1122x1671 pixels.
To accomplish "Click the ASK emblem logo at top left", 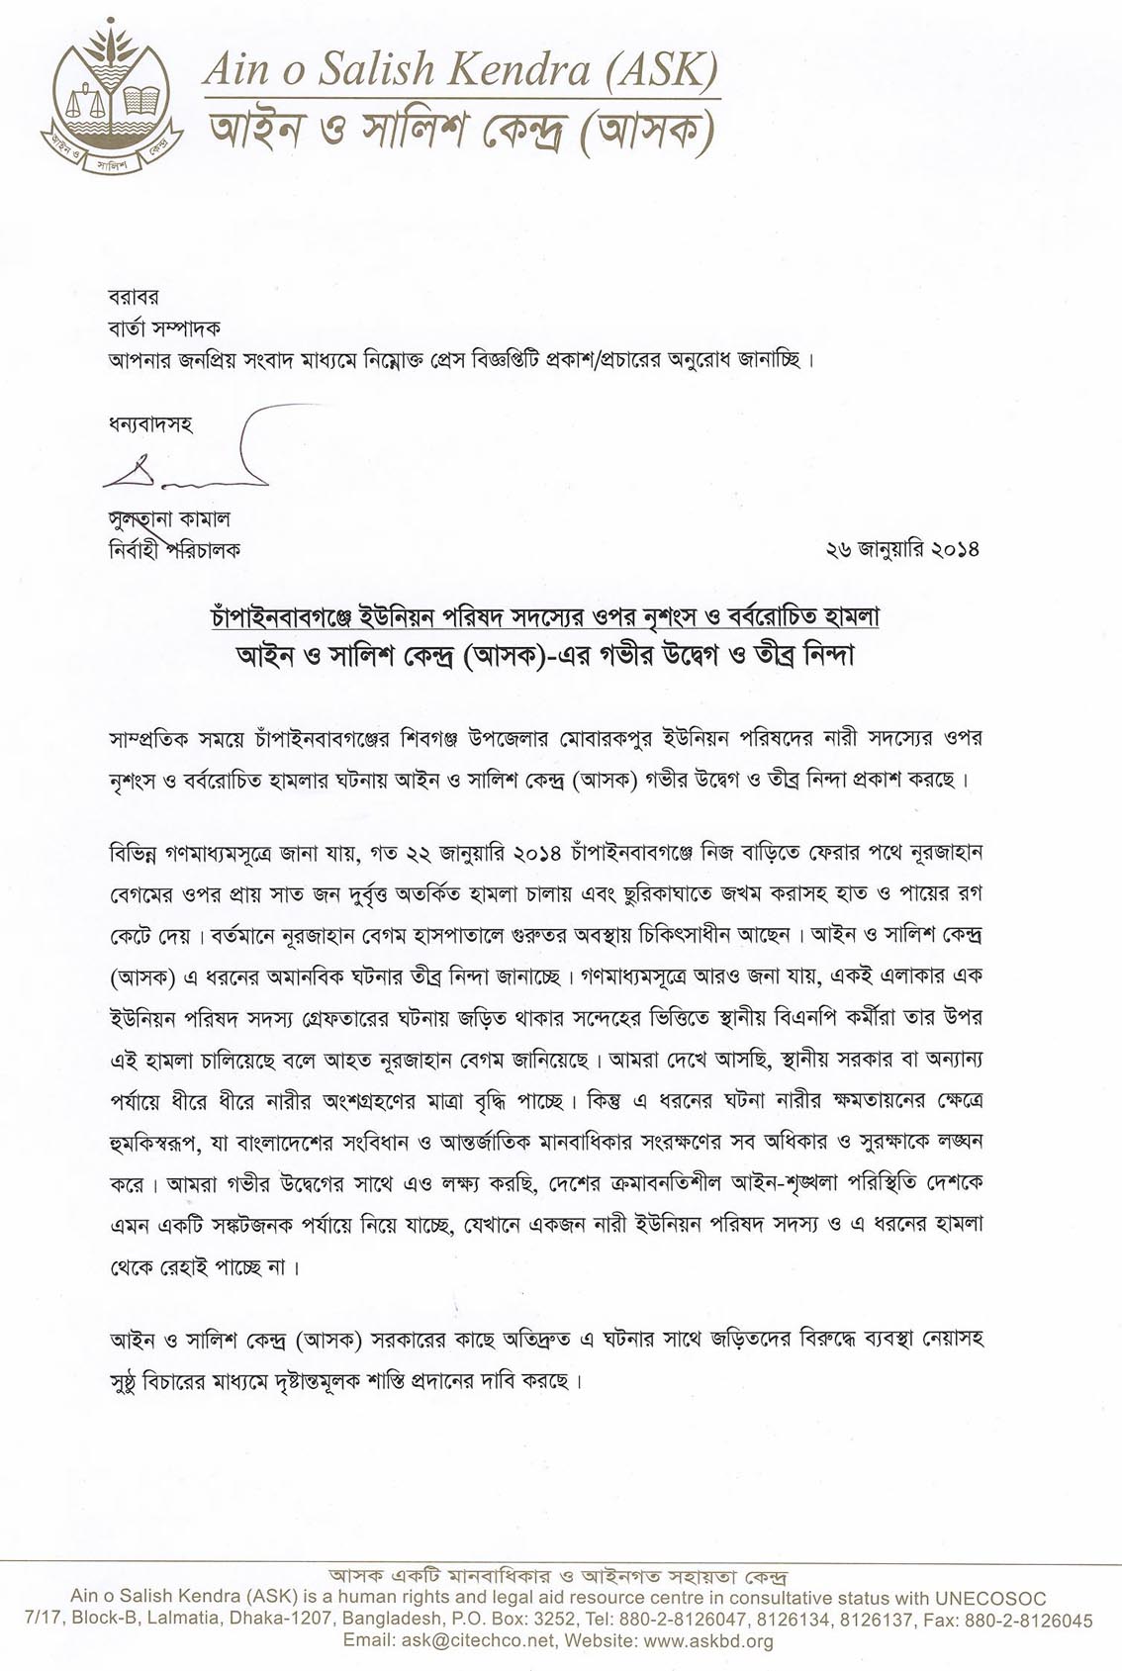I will pos(111,100).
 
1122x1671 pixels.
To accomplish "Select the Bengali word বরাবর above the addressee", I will pos(133,297).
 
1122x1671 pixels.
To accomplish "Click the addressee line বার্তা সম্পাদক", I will pos(164,327).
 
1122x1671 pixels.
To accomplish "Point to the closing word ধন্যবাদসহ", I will pos(150,425).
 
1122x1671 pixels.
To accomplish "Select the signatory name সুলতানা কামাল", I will pos(169,518).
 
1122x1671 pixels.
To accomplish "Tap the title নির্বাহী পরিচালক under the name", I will pos(174,549).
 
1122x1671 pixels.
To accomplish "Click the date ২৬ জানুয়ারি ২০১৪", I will pos(901,549).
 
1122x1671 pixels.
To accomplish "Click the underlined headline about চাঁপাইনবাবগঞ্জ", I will pos(545,617).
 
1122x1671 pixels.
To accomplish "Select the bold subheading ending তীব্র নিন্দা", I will pos(545,656).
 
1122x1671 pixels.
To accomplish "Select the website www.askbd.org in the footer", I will pos(708,1640).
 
